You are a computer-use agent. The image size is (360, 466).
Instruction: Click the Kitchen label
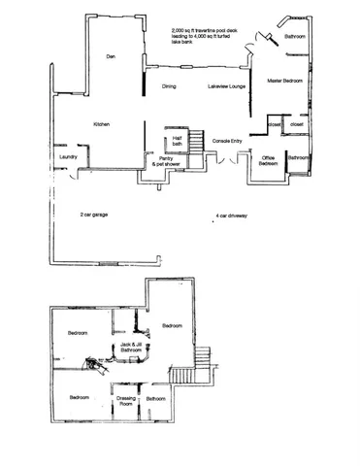click(100, 125)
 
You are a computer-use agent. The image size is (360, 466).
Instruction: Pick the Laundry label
click(67, 155)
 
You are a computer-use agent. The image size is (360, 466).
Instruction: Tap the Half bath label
click(179, 140)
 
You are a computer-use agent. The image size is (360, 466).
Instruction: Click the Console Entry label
click(227, 141)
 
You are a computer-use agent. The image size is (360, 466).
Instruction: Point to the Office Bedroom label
click(270, 161)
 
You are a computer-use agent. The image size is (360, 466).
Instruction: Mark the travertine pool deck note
click(199, 35)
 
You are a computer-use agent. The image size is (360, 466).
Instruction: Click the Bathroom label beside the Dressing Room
click(156, 398)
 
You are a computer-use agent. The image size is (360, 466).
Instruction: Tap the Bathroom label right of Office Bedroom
click(299, 156)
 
